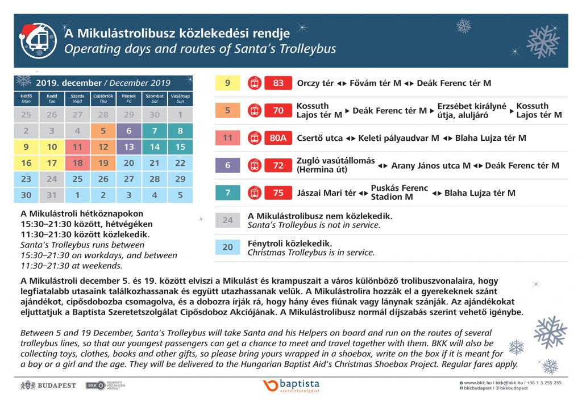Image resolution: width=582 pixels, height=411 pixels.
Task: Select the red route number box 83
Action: (x=278, y=83)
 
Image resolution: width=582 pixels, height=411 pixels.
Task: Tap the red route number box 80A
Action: (x=278, y=138)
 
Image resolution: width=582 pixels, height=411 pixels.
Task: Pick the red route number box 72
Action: (x=278, y=165)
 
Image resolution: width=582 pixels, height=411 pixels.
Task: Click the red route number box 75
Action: (x=278, y=193)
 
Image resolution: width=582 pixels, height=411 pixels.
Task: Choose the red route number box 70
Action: (x=278, y=111)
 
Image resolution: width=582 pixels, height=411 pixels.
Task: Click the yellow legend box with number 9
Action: (x=228, y=83)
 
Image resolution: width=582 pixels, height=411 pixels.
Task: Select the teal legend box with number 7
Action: (x=228, y=193)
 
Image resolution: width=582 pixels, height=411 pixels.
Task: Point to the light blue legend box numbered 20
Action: (x=228, y=248)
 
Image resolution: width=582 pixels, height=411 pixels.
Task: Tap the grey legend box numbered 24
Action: (x=228, y=220)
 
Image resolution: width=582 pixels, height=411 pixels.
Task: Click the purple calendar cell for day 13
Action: (x=129, y=147)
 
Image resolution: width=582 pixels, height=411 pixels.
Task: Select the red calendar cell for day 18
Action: (x=78, y=163)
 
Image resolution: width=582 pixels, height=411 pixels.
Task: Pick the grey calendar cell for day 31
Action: (x=52, y=195)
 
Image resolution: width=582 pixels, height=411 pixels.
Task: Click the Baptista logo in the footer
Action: (x=292, y=385)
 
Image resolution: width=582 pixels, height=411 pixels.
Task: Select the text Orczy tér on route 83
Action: (x=315, y=83)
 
